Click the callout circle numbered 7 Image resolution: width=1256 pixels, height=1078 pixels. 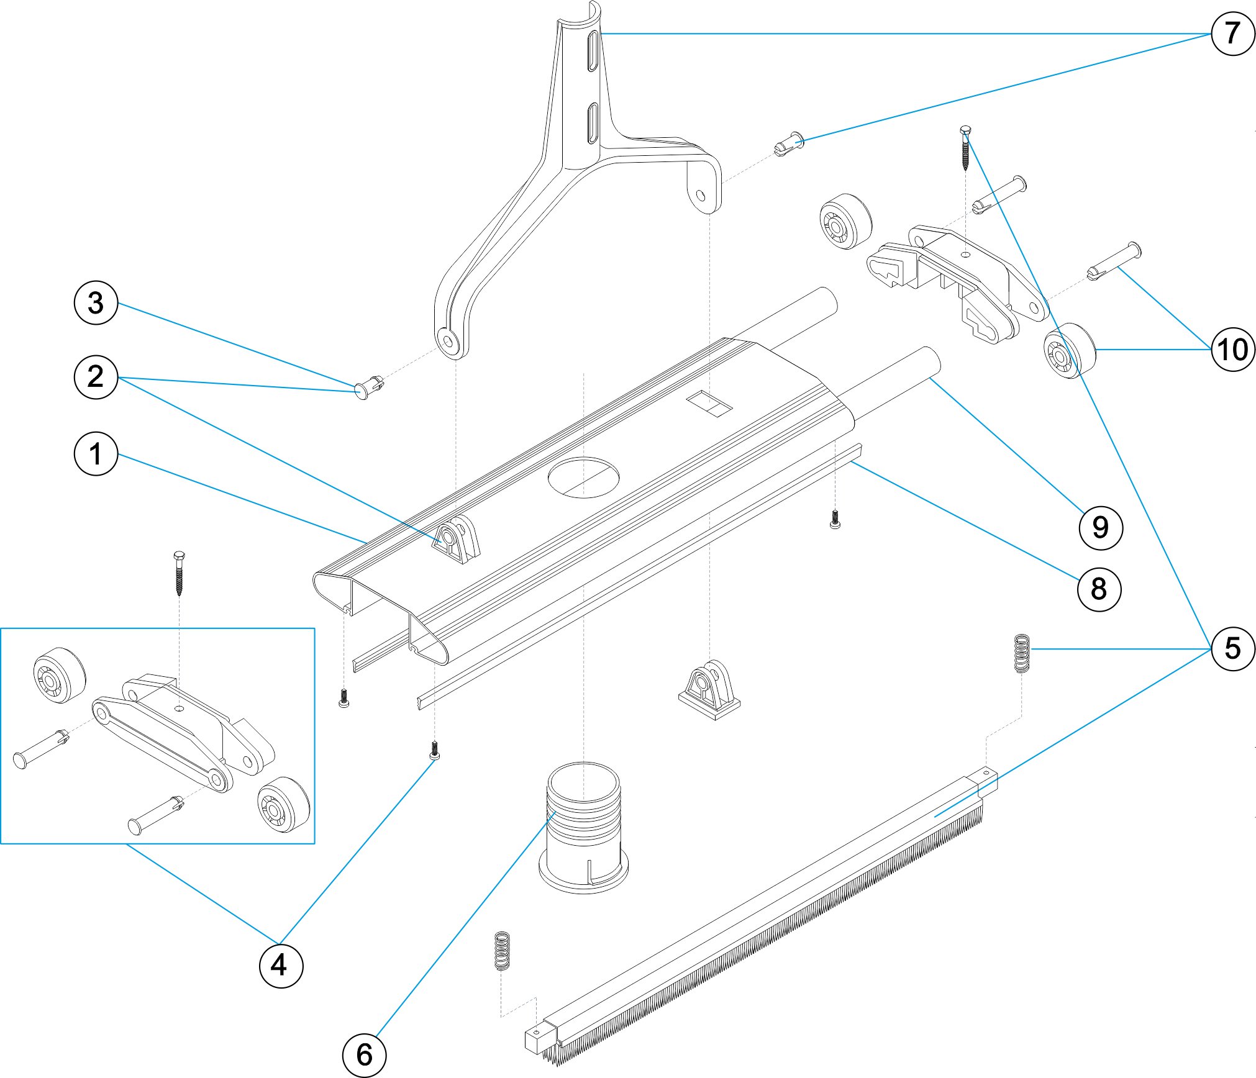1232,34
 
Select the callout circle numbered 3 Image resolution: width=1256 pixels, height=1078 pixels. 96,303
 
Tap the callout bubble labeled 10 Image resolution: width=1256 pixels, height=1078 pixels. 1232,350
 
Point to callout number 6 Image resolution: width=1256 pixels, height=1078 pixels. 364,1054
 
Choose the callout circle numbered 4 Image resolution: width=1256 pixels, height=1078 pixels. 281,966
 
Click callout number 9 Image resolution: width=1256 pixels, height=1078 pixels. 1100,528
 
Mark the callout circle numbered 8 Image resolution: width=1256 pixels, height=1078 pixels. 1098,589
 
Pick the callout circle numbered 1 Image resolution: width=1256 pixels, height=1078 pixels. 96,454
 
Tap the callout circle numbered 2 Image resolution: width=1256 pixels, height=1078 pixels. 96,376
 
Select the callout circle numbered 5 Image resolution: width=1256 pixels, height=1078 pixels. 1232,649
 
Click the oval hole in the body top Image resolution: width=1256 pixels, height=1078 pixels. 583,478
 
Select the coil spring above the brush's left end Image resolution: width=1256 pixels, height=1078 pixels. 502,951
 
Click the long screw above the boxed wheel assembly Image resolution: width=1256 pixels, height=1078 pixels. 180,573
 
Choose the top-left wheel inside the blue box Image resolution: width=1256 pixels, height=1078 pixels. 60,676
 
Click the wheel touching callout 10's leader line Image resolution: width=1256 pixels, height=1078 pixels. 1069,351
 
